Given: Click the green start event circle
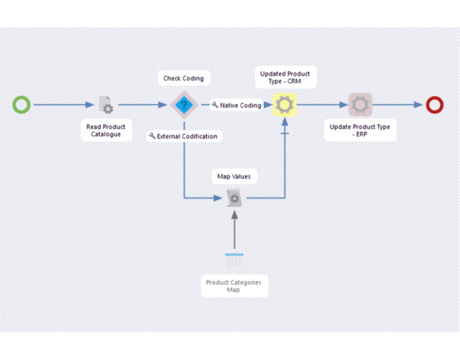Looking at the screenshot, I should [x=22, y=105].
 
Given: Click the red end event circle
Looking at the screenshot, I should [x=435, y=105].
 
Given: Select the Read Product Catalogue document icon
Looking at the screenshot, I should [x=105, y=105].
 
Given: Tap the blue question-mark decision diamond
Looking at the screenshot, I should [x=184, y=105].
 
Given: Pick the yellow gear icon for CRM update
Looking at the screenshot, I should [x=285, y=105].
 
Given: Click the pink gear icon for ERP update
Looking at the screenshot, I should [x=360, y=105].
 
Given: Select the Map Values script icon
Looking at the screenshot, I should [x=234, y=199].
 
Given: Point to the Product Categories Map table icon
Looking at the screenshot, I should [x=234, y=260].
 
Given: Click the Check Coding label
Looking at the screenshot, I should [x=183, y=78].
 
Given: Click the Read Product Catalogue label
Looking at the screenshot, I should [x=106, y=131].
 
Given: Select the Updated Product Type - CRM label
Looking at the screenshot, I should [x=285, y=78].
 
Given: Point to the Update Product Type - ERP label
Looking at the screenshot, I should [x=360, y=131].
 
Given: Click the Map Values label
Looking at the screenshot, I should [x=234, y=177].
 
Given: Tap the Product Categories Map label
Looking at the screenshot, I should [x=234, y=286].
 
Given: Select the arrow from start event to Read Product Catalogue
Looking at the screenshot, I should [x=62, y=105].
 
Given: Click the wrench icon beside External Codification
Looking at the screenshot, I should [x=153, y=136].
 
